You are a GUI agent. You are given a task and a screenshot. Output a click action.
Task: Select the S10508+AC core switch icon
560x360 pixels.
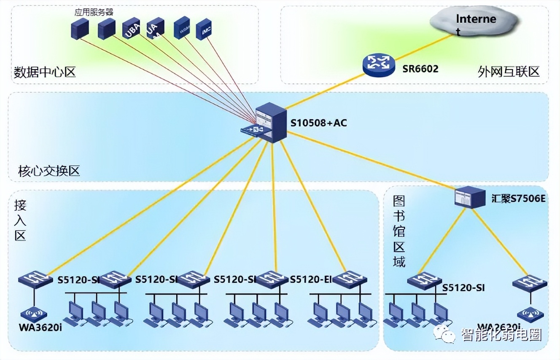270,123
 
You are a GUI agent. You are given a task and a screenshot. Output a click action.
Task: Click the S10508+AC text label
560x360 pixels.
319,123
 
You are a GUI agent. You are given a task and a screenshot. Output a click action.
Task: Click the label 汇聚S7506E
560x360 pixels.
518,198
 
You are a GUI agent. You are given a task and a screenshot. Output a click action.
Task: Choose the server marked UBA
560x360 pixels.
131,30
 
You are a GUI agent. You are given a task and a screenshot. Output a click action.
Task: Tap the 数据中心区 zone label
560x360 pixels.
45,73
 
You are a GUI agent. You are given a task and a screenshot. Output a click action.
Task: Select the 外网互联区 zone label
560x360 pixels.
509,71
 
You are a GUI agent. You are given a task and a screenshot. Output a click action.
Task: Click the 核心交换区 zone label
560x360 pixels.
49,171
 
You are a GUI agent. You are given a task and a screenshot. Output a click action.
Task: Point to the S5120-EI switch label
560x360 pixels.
312,279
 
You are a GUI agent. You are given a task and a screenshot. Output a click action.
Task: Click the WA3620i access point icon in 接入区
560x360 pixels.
34,314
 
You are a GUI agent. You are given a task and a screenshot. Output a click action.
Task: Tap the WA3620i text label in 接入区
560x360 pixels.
40,327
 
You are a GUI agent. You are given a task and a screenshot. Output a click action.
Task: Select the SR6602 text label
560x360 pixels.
420,69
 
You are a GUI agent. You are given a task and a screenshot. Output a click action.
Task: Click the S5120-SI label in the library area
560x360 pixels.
463,288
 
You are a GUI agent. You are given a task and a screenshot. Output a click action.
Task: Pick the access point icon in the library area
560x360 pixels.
530,314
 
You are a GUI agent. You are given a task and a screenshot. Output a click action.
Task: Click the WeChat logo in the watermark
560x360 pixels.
447,334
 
